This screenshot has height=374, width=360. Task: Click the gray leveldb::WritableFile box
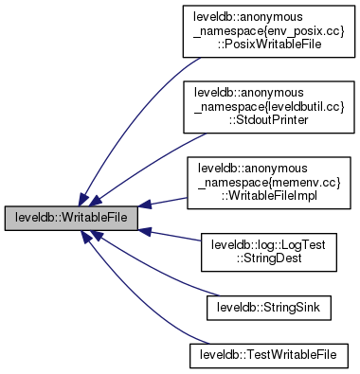pos(72,216)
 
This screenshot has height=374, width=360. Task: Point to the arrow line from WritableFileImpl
pos(166,202)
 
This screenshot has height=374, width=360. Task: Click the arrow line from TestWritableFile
pos(142,303)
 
